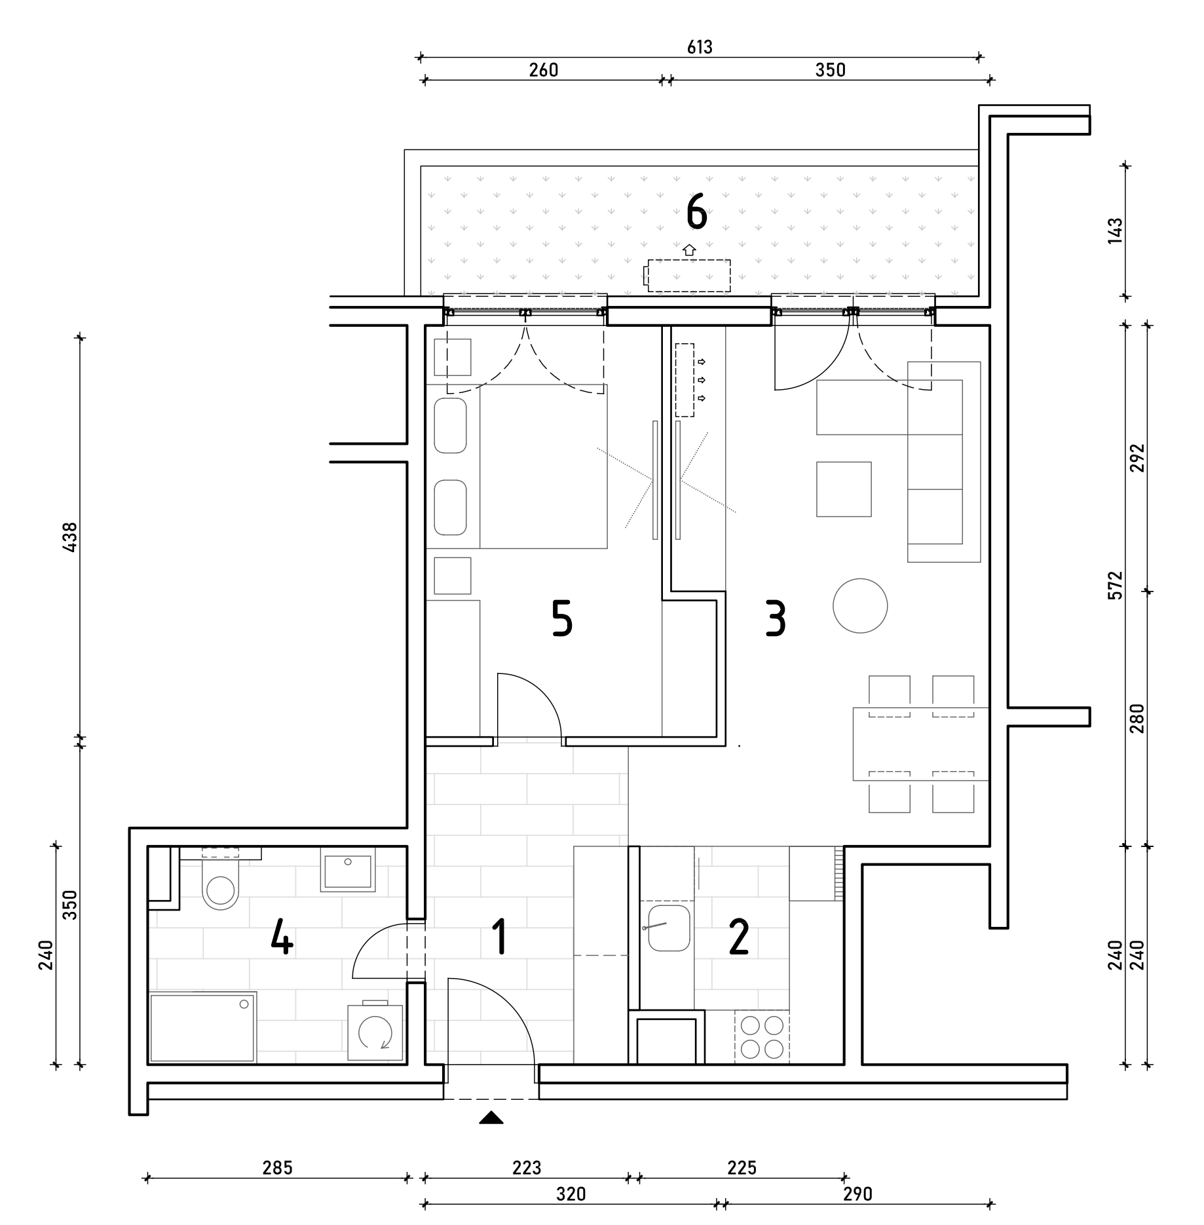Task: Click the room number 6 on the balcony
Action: [x=697, y=214]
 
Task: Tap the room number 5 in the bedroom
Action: [x=562, y=619]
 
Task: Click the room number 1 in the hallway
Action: [x=500, y=937]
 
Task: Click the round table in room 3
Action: [x=860, y=606]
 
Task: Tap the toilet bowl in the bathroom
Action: [x=221, y=884]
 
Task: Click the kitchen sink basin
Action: [x=668, y=928]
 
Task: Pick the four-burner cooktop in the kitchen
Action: [x=762, y=1036]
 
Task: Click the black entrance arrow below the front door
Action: [x=491, y=1118]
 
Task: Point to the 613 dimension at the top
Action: [x=700, y=47]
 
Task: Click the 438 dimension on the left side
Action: [x=69, y=537]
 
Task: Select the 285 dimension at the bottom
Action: [x=277, y=1167]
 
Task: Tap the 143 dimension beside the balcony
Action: [x=1115, y=231]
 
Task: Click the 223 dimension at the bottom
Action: [x=527, y=1167]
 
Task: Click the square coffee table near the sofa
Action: [x=844, y=489]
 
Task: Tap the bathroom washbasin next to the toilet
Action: [x=348, y=870]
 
